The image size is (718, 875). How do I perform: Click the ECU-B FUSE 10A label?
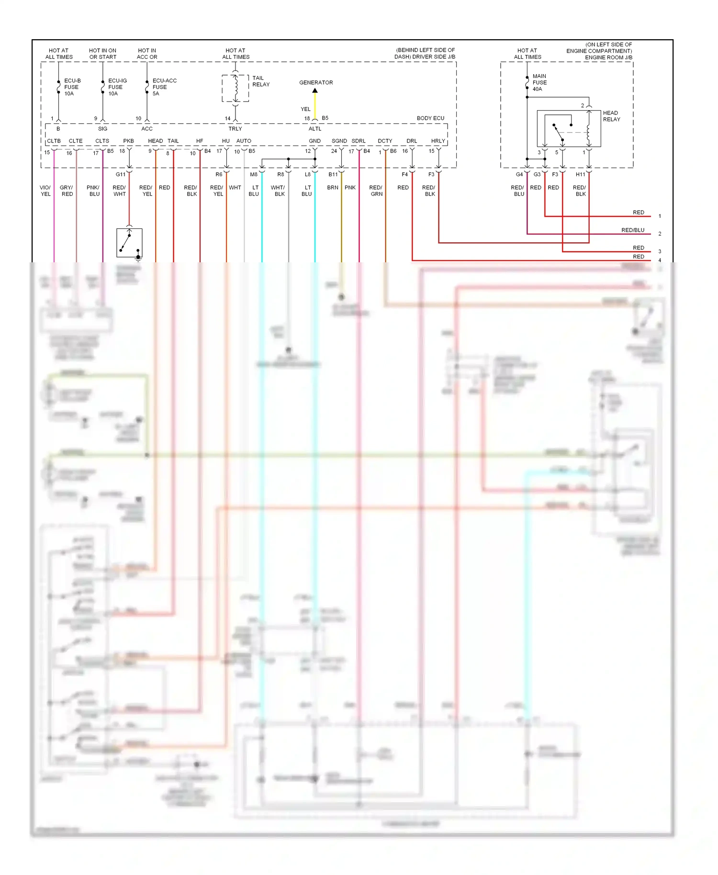click(72, 87)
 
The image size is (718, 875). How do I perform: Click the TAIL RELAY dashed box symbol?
click(235, 88)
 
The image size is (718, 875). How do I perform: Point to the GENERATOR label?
click(316, 82)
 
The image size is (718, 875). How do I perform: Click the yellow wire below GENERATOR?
click(315, 104)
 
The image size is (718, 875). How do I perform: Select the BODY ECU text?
click(430, 118)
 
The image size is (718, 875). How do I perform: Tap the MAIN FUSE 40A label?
click(539, 82)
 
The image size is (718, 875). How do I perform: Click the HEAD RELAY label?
click(611, 116)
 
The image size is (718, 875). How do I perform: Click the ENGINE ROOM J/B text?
click(608, 57)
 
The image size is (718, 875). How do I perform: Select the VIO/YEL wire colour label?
click(45, 191)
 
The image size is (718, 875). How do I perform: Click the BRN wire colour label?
click(333, 188)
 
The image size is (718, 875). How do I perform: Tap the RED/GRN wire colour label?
click(376, 191)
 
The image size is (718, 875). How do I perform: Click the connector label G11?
click(120, 174)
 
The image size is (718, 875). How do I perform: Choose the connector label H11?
click(580, 174)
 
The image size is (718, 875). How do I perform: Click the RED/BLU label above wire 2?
click(632, 230)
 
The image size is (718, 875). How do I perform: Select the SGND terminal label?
click(339, 141)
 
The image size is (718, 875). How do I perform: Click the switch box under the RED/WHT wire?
click(129, 243)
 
